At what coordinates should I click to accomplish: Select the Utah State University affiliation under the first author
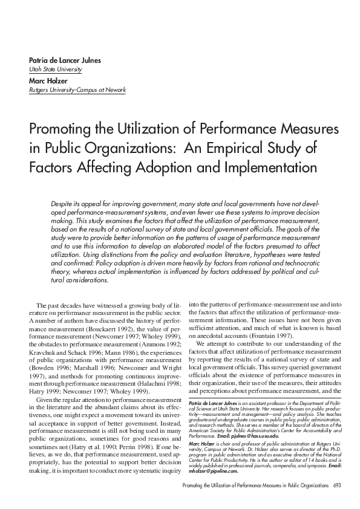coord(55,70)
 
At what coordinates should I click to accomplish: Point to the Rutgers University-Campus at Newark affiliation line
coord(77,90)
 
